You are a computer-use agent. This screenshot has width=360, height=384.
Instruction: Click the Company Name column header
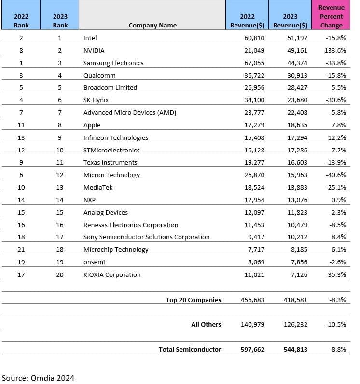(x=152, y=25)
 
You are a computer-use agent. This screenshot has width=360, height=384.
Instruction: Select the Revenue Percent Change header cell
(x=331, y=16)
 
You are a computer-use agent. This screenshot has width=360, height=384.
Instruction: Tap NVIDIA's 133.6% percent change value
(x=335, y=50)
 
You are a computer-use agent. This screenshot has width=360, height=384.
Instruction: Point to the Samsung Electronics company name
(x=113, y=63)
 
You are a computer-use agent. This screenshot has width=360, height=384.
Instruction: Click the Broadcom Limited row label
(x=110, y=87)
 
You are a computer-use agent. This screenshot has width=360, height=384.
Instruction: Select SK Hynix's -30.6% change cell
(x=335, y=100)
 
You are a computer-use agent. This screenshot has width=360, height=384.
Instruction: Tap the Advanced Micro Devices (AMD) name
(x=130, y=112)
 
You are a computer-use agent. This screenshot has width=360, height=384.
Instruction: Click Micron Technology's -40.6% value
(x=335, y=175)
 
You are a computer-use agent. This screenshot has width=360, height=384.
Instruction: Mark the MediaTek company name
(x=98, y=187)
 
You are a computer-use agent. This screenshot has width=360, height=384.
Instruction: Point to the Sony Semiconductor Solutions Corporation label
(x=146, y=237)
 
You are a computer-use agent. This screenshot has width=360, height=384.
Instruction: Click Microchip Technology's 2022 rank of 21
(x=21, y=249)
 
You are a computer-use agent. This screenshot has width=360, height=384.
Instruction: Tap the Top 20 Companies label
(x=193, y=300)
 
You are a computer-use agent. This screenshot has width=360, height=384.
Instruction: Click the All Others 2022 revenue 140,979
(x=252, y=325)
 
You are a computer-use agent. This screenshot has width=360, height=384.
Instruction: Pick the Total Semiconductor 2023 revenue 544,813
(x=295, y=349)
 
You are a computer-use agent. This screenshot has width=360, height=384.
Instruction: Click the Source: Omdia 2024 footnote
(x=38, y=378)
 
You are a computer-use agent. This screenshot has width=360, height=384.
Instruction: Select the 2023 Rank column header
(x=60, y=21)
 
